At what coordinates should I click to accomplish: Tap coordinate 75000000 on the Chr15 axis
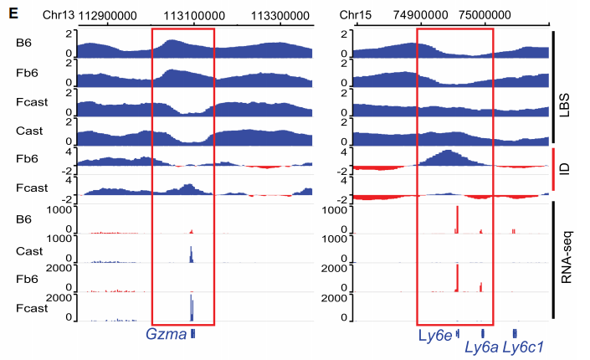coord(487,15)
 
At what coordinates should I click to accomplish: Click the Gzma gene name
coord(165,335)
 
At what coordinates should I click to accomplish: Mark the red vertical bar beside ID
coord(554,173)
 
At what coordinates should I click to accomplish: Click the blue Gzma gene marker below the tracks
coord(193,334)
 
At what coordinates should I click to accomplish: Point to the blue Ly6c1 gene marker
coord(515,333)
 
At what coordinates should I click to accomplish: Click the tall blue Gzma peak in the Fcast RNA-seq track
coord(192,306)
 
